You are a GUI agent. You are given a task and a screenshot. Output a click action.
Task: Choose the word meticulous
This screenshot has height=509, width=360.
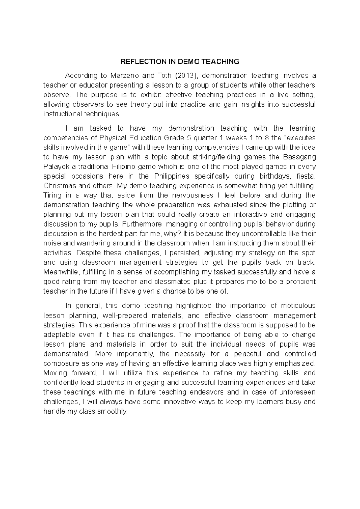coord(298,306)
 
